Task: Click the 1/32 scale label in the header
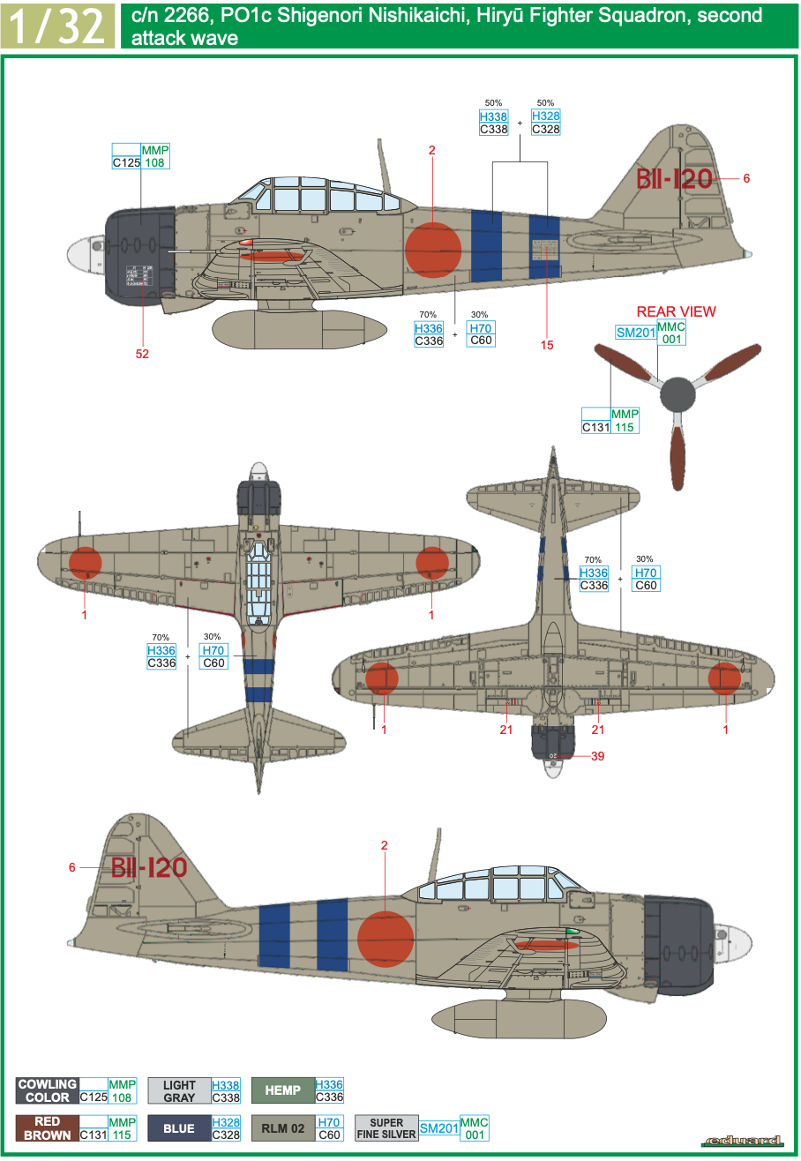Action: pos(57,26)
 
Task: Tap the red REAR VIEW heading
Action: pos(677,311)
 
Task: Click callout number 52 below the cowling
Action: pos(143,354)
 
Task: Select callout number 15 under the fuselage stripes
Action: pos(547,344)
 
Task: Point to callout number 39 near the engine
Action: pos(597,756)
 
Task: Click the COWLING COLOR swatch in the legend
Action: pos(48,1090)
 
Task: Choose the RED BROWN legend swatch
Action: pos(48,1128)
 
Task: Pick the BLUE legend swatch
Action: pos(179,1128)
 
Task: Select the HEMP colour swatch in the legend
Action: pos(282,1090)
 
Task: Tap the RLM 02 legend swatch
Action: pos(282,1128)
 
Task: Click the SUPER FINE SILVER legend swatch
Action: pos(386,1128)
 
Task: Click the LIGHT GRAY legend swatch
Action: pos(179,1090)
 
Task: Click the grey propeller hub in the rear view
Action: pos(677,394)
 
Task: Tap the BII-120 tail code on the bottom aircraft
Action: pos(149,867)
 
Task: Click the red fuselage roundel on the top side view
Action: pos(433,249)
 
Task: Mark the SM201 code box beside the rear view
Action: pos(635,332)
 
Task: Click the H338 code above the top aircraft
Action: pos(494,116)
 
